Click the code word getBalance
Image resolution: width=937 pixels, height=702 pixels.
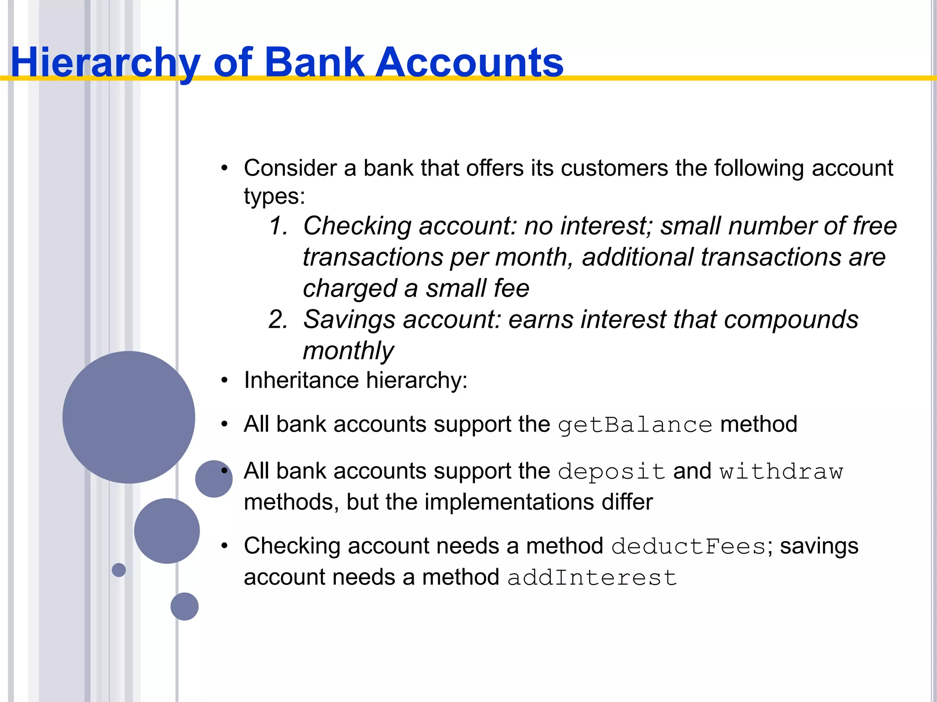635,425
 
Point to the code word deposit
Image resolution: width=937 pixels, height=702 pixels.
612,472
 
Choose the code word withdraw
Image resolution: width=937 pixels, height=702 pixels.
781,472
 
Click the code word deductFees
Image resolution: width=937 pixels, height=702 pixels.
689,547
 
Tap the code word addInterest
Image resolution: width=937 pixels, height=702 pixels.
592,578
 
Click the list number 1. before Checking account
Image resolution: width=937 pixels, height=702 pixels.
279,226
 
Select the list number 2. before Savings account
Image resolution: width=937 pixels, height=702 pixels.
279,319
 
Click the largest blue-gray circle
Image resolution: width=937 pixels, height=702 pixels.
129,417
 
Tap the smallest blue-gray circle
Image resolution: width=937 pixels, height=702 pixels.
118,570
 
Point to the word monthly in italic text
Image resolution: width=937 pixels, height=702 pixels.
348,351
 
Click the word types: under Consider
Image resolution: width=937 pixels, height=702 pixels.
274,197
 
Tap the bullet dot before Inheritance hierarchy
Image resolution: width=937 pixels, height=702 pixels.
224,380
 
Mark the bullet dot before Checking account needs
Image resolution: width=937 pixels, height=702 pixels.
224,546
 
